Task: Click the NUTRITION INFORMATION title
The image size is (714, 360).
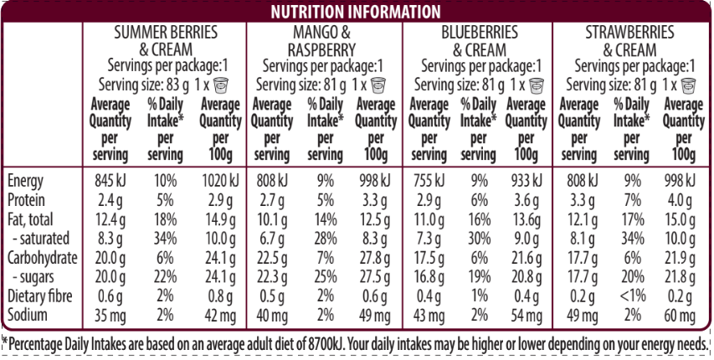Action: click(x=357, y=12)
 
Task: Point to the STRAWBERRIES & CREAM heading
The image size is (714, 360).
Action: click(x=629, y=39)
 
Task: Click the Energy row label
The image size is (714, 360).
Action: click(x=26, y=182)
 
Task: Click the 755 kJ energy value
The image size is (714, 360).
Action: click(x=429, y=182)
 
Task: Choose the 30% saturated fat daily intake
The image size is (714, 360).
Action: click(x=478, y=239)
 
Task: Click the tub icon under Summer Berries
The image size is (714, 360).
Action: click(x=222, y=85)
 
